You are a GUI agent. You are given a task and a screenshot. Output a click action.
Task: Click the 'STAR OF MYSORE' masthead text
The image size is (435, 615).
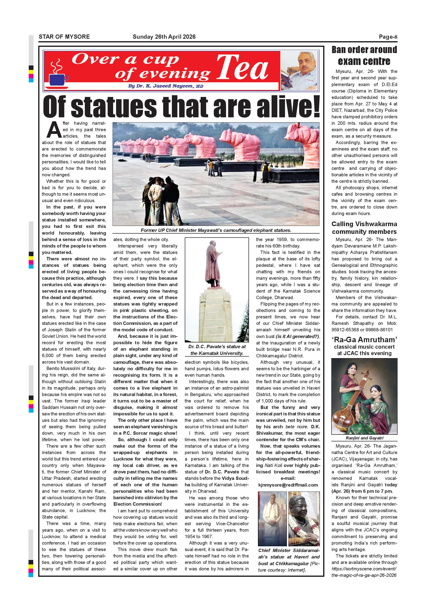pyautogui.click(x=64, y=37)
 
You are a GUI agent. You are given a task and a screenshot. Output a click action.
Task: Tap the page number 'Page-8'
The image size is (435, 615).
pyautogui.click(x=388, y=37)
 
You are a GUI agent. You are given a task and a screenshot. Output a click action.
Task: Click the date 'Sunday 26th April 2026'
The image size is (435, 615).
pyautogui.click(x=164, y=37)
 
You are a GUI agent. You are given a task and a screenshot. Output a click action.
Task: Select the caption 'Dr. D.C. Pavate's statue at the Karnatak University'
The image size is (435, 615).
pyautogui.click(x=217, y=350)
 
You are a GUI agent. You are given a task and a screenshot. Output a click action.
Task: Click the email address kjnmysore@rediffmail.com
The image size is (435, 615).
pyautogui.click(x=288, y=485)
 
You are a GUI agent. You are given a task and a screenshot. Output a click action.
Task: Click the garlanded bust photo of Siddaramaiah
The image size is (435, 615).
pyautogui.click(x=304, y=519)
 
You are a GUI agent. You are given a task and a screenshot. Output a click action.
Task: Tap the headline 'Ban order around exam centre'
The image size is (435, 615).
pyautogui.click(x=364, y=56)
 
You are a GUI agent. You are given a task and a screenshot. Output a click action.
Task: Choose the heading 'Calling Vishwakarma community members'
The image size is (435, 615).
pyautogui.click(x=364, y=228)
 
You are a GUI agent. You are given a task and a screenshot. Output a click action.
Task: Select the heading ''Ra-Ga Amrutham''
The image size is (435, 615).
pyautogui.click(x=364, y=340)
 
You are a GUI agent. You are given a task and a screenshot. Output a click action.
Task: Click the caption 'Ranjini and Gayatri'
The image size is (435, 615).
pyautogui.click(x=364, y=438)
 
